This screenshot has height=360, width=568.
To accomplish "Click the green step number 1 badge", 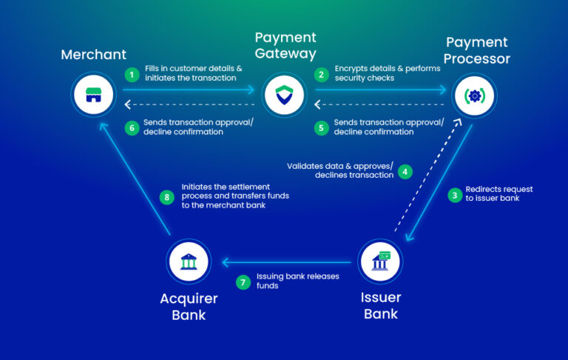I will click(x=132, y=74).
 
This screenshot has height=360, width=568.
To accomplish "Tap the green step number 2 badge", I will click(x=322, y=74).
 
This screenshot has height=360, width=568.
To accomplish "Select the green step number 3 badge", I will click(x=455, y=195).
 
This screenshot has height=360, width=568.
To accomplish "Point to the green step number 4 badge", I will click(x=405, y=171).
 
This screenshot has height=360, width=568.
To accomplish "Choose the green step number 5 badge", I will click(x=322, y=127).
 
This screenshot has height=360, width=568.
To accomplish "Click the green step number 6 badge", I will click(x=132, y=127).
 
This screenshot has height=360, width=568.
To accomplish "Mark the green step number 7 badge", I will click(x=243, y=281).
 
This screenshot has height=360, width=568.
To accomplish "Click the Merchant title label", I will click(x=93, y=54).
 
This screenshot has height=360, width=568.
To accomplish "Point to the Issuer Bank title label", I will click(x=381, y=305).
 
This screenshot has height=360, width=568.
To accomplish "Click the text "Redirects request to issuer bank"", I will click(x=498, y=194).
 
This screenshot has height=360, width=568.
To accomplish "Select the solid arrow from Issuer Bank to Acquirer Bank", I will click(x=288, y=261).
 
